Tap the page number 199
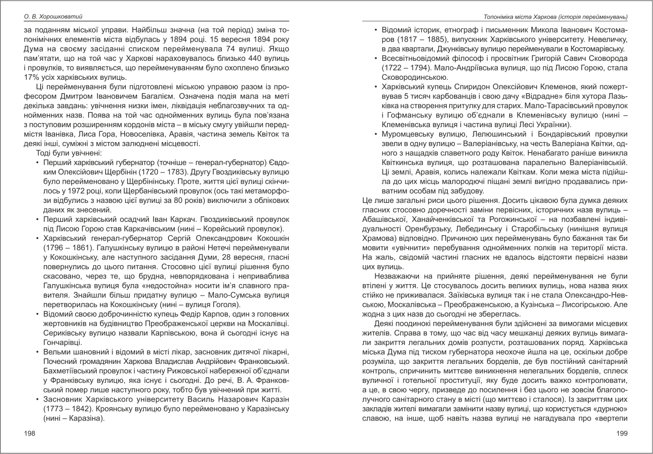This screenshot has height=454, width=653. click(623, 434)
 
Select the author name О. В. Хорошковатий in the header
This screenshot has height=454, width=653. click(54, 16)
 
